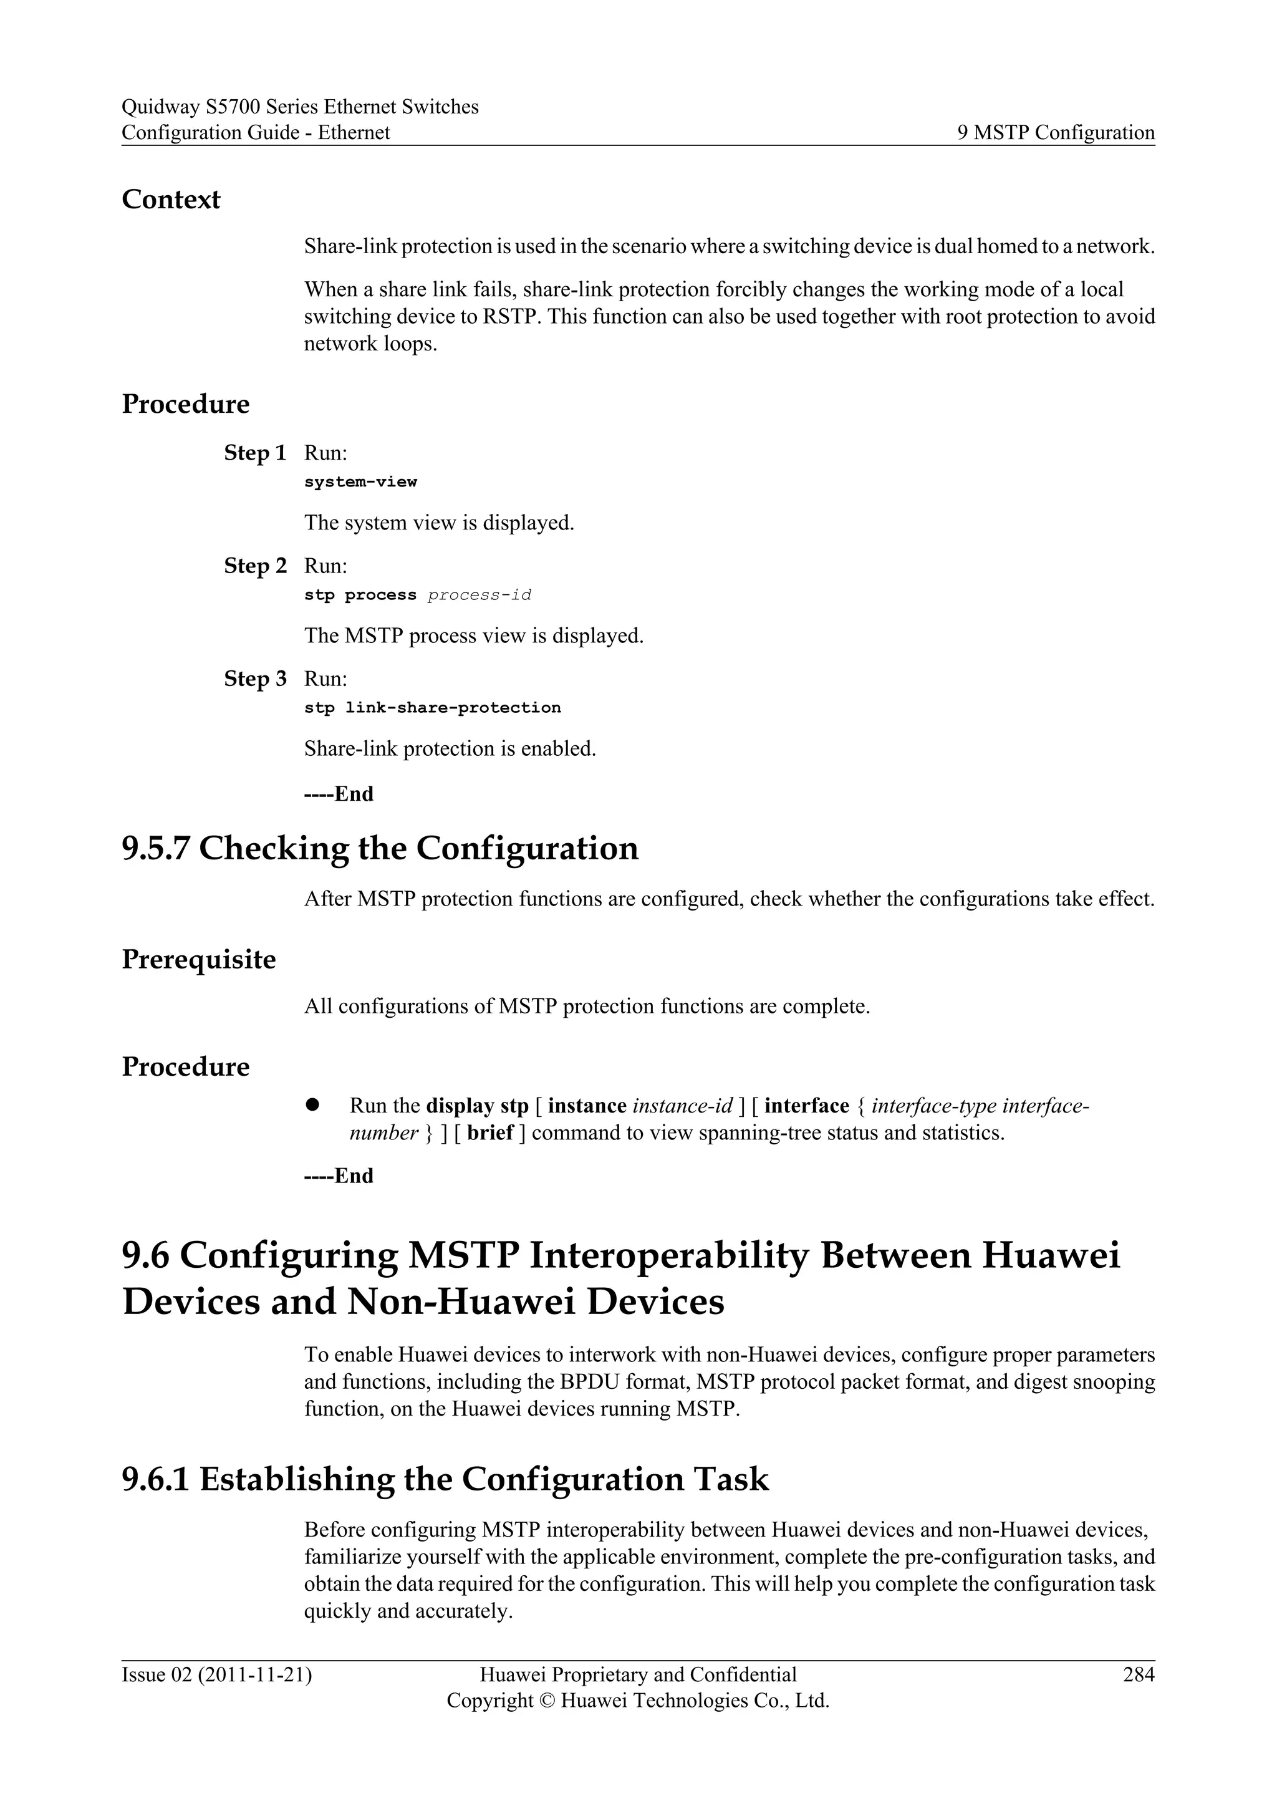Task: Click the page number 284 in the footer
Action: point(1138,1674)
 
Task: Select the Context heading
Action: point(171,199)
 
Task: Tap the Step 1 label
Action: point(255,453)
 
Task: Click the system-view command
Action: point(360,481)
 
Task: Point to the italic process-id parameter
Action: point(479,595)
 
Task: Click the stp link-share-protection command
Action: point(433,707)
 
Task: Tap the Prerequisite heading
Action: point(198,960)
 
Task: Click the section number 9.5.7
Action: point(155,849)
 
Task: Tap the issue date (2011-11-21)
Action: point(255,1674)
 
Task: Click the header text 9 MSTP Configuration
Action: point(1055,132)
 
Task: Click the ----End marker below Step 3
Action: point(338,794)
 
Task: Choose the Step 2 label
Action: point(255,566)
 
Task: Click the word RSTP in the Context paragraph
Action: point(511,316)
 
